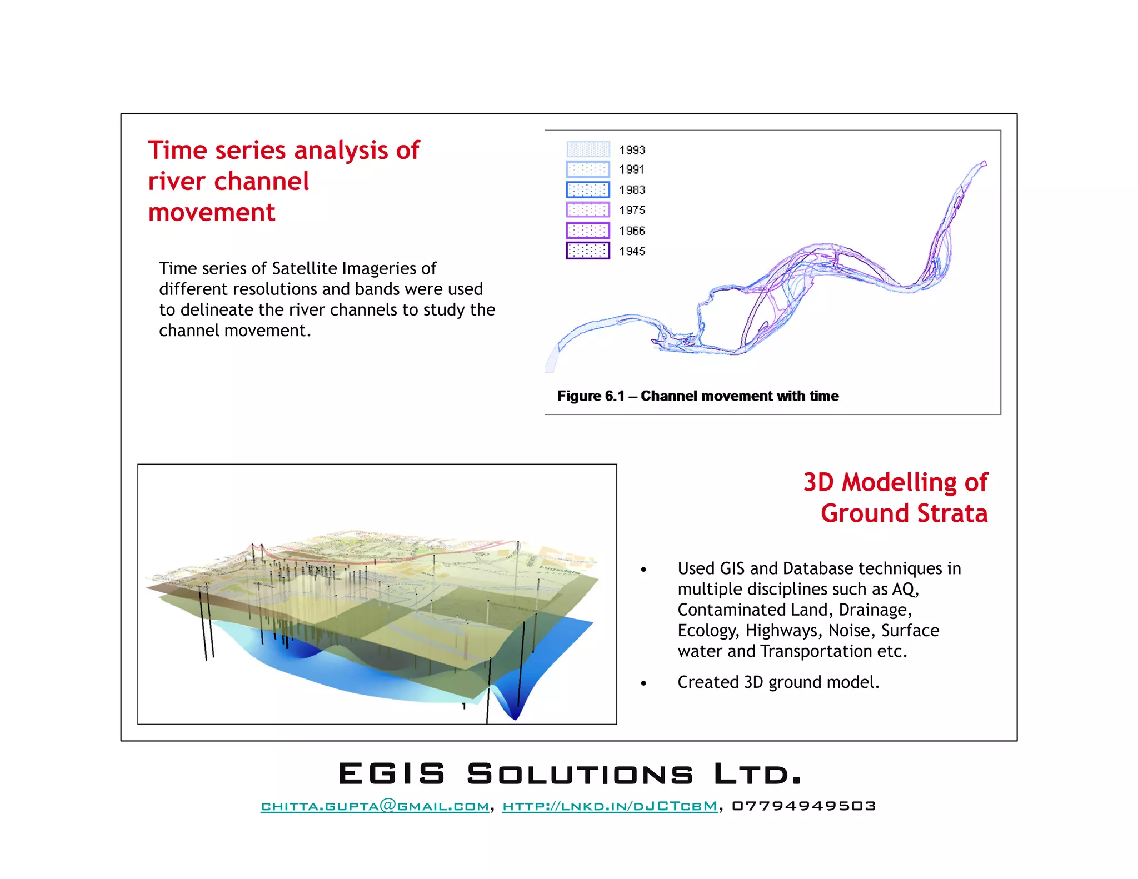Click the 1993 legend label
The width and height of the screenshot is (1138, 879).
(x=632, y=150)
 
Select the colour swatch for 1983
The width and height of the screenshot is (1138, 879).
(x=588, y=189)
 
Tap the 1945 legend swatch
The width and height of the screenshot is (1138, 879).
(x=588, y=251)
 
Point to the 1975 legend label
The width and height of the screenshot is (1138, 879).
(x=632, y=210)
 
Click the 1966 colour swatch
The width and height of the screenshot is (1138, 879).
(x=588, y=231)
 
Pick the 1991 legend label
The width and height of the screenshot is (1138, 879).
(x=631, y=169)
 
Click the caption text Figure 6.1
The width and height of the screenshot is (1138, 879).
(x=590, y=396)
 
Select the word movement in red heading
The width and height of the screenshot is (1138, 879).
(x=211, y=213)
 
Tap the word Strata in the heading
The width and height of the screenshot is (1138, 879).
(x=952, y=513)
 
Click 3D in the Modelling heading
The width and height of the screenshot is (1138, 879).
(x=818, y=482)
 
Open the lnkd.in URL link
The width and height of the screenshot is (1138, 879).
(x=610, y=806)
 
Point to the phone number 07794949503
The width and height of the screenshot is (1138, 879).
(x=803, y=806)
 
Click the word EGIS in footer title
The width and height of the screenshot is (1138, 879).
(x=392, y=774)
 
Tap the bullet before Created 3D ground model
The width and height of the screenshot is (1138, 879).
(x=643, y=683)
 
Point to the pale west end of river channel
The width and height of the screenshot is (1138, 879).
(x=552, y=362)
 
